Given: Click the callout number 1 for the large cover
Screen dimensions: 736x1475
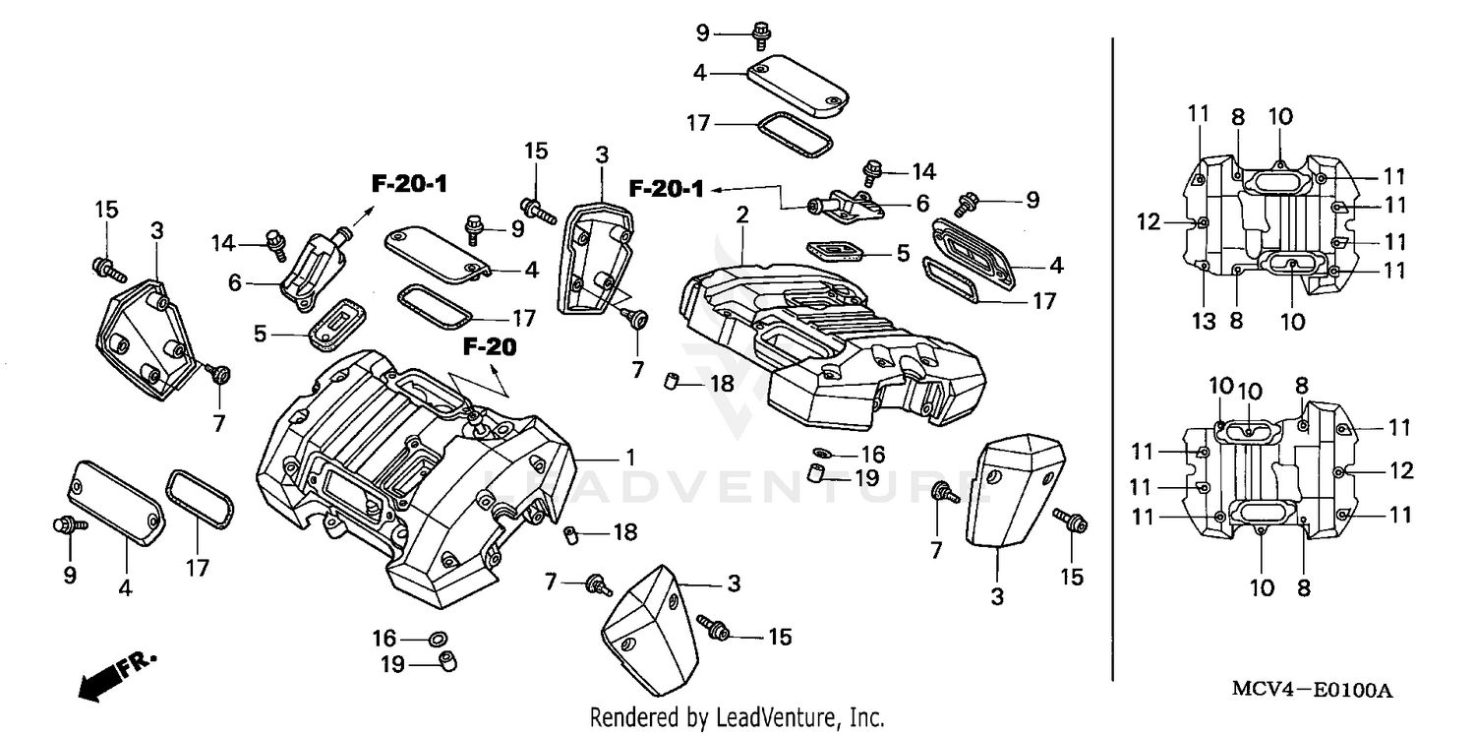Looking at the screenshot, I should [x=630, y=459].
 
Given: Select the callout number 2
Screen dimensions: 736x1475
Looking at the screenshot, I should [x=741, y=215].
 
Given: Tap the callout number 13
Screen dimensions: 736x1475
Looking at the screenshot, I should [x=1205, y=320].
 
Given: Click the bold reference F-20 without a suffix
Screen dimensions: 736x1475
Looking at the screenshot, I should [x=490, y=346].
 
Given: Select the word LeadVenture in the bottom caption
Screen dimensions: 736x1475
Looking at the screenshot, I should [x=778, y=717].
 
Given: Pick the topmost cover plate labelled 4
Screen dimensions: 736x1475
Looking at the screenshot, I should [x=796, y=88].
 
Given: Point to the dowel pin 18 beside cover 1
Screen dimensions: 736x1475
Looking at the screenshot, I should [x=568, y=534].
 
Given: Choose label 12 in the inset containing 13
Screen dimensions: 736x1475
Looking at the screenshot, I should [x=1149, y=222].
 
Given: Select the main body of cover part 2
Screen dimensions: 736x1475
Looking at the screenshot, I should [x=836, y=335].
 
